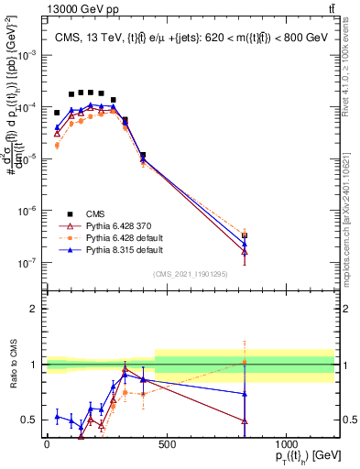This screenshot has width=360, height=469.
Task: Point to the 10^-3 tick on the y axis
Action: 28,55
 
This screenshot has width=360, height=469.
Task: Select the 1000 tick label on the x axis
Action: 286,444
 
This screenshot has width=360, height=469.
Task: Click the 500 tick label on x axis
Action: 166,444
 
